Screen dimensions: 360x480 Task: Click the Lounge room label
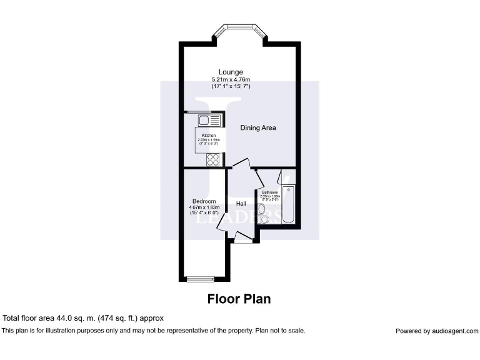tap(231, 72)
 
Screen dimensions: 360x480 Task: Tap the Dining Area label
tap(258, 127)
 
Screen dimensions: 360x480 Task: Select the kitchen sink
tap(205, 120)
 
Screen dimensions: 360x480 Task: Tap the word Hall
tap(241, 204)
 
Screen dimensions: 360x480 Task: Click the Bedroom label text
tap(204, 201)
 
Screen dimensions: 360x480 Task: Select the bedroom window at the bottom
tap(201, 279)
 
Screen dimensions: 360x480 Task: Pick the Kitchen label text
tap(208, 136)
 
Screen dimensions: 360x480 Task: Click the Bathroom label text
tap(270, 192)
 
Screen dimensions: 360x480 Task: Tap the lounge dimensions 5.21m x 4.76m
tap(231, 79)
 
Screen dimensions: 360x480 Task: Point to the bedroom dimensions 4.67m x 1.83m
tap(204, 207)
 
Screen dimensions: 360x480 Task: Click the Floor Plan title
tap(239, 299)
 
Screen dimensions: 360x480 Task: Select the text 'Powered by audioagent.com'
tap(437, 331)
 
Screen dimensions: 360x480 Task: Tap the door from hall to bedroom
tap(222, 228)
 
